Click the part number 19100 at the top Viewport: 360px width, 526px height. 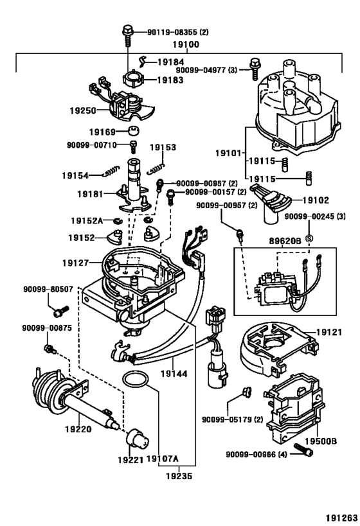(185, 45)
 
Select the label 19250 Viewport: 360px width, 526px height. (83, 110)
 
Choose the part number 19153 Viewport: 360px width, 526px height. (163, 148)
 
